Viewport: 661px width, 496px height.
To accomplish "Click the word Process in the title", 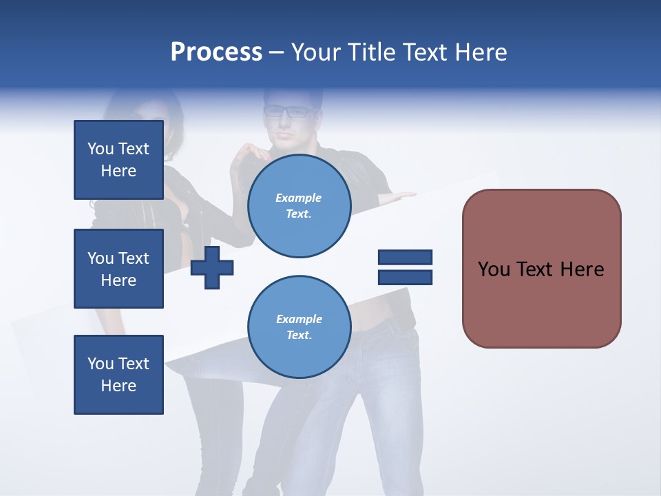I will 216,52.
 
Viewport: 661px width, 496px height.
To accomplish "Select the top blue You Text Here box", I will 118,160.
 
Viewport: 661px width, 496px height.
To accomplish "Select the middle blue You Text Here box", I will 118,269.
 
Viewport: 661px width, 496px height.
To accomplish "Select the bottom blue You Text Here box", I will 118,375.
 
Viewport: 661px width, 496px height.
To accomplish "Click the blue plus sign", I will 212,269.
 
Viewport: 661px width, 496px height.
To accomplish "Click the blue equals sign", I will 405,267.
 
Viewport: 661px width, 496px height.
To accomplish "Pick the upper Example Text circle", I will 299,206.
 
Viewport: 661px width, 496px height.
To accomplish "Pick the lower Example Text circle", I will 299,327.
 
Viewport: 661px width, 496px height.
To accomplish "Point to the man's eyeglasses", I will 288,111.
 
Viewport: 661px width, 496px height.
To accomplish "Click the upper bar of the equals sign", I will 405,258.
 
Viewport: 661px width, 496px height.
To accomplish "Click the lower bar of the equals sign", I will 405,277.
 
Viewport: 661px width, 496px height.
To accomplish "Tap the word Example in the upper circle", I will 299,198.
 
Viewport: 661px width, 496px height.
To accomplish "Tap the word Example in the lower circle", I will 299,319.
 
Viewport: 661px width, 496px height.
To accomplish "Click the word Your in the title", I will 317,52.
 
